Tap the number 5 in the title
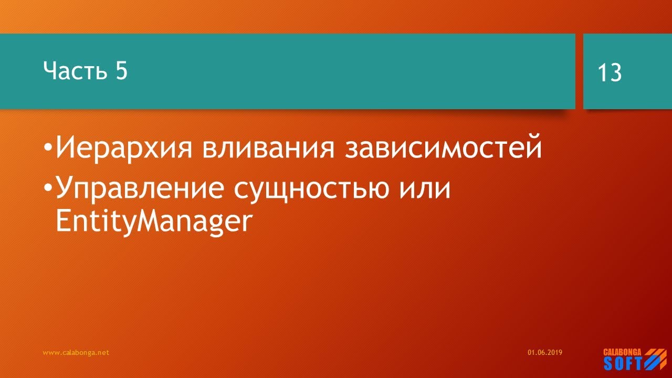pyautogui.click(x=120, y=71)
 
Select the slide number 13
pyautogui.click(x=610, y=73)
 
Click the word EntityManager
pyautogui.click(x=151, y=223)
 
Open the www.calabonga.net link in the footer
pyautogui.click(x=76, y=353)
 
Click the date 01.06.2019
pyautogui.click(x=545, y=353)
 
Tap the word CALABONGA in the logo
pyautogui.click(x=622, y=352)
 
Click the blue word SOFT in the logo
pyautogui.click(x=623, y=363)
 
